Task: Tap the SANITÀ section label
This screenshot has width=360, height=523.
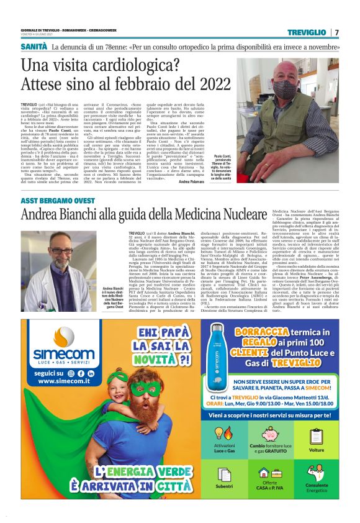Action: pos(35,47)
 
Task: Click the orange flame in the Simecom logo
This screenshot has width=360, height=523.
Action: pos(58,340)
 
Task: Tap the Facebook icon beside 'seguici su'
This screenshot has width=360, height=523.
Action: pos(80,373)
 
